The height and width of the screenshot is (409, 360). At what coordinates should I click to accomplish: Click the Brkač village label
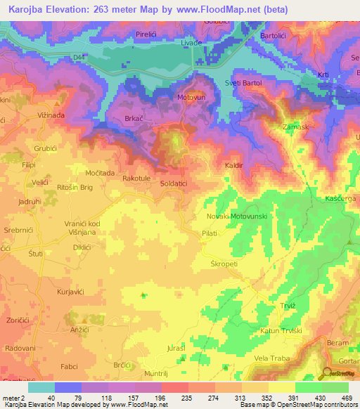pos(136,120)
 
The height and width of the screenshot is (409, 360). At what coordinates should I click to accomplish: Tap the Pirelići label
pos(150,34)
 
